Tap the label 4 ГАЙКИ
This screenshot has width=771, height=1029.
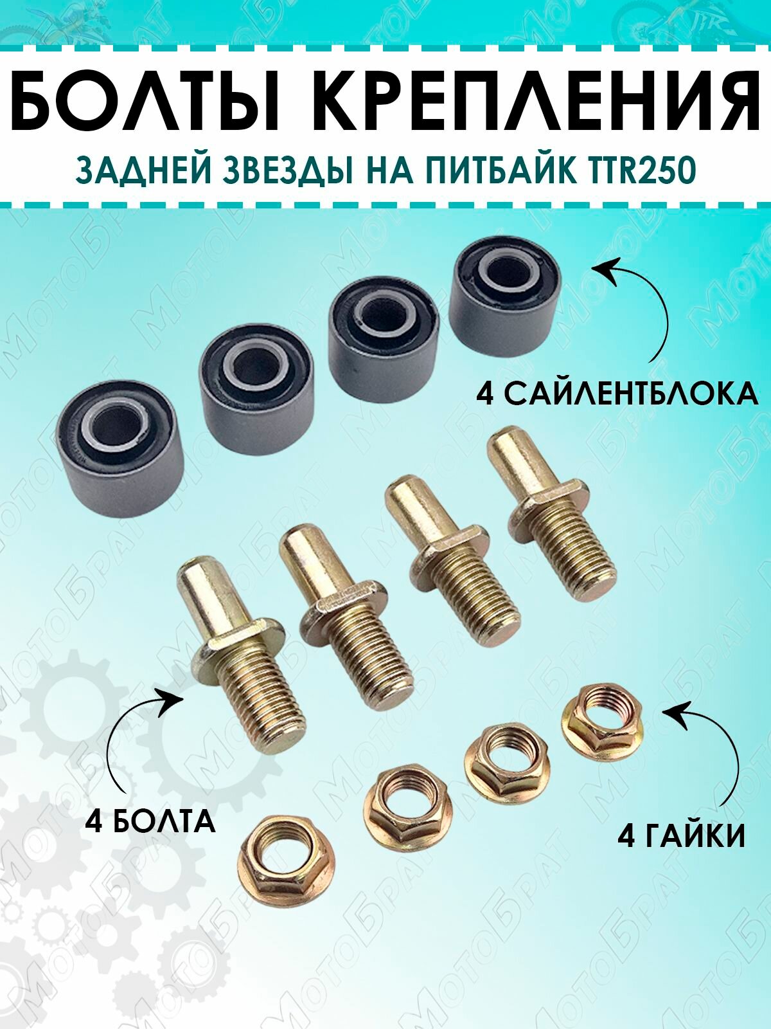(681, 836)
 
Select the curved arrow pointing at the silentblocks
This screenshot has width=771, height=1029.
(642, 302)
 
